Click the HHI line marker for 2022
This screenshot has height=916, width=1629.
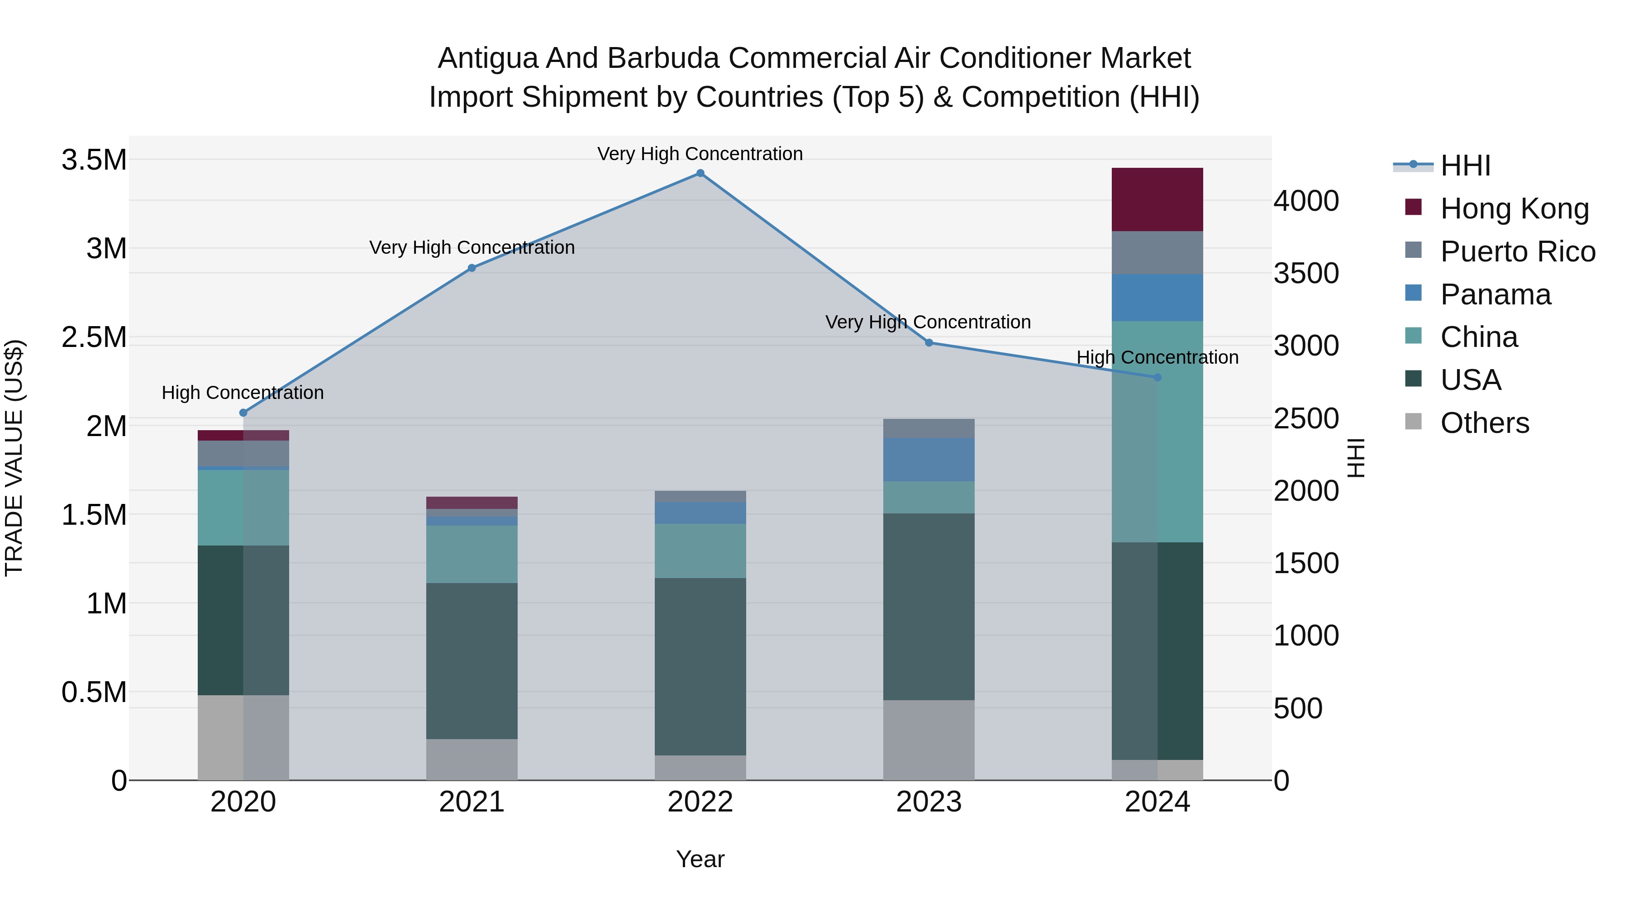(700, 173)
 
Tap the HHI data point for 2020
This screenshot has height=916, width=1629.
(243, 413)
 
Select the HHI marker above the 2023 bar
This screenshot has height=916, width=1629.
(929, 342)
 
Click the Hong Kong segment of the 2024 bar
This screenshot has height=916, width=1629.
(1157, 200)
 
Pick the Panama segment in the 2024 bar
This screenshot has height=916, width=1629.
(1157, 298)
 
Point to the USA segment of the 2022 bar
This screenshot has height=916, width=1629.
(700, 666)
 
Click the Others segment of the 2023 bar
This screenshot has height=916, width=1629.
(929, 740)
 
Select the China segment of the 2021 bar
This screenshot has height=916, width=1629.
(472, 555)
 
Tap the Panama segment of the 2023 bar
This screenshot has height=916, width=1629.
(929, 460)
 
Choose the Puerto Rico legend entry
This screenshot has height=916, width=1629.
(1518, 252)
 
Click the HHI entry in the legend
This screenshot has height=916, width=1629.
(1465, 166)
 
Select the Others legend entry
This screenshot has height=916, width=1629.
(1484, 423)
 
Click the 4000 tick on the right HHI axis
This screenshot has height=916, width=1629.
(1306, 201)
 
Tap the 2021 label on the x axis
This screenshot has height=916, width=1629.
(472, 802)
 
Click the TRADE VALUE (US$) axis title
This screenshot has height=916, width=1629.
(14, 458)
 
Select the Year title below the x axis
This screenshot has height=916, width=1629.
(700, 859)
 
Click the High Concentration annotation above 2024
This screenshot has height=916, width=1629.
(1157, 357)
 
